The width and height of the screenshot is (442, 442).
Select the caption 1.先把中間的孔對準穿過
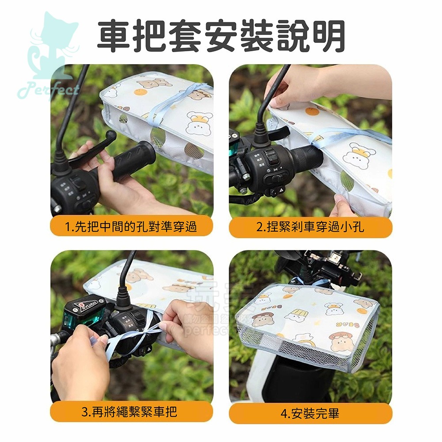tap(131, 227)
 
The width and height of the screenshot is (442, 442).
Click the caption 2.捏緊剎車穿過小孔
tap(310, 227)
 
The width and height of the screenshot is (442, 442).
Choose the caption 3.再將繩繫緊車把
tap(131, 412)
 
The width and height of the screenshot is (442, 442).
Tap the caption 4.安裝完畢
tap(310, 413)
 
